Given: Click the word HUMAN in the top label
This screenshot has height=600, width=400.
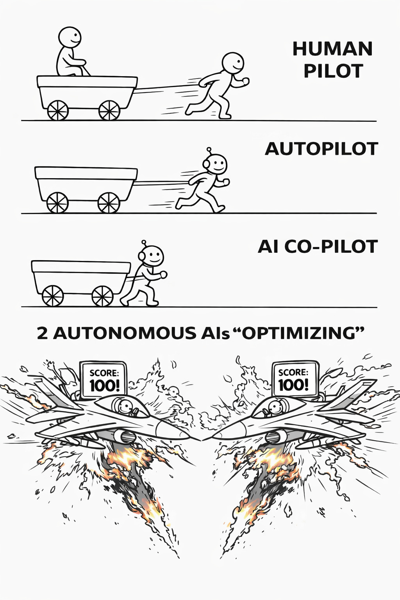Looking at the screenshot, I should pyautogui.click(x=332, y=49).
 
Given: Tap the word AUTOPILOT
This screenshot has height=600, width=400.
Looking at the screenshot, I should pyautogui.click(x=321, y=149).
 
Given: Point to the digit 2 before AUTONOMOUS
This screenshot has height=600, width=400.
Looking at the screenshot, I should pyautogui.click(x=42, y=333).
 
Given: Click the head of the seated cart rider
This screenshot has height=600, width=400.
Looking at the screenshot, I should pyautogui.click(x=70, y=37).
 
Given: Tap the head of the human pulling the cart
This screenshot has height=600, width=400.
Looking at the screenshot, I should pyautogui.click(x=233, y=64).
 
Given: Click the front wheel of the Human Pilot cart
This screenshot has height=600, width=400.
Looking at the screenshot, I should pyautogui.click(x=109, y=110).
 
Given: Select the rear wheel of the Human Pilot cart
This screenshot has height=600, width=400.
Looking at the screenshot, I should pyautogui.click(x=58, y=110).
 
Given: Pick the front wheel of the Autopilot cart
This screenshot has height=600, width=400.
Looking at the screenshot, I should pyautogui.click(x=109, y=203).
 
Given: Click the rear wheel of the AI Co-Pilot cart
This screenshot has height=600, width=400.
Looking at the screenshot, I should pyautogui.click(x=52, y=296).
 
